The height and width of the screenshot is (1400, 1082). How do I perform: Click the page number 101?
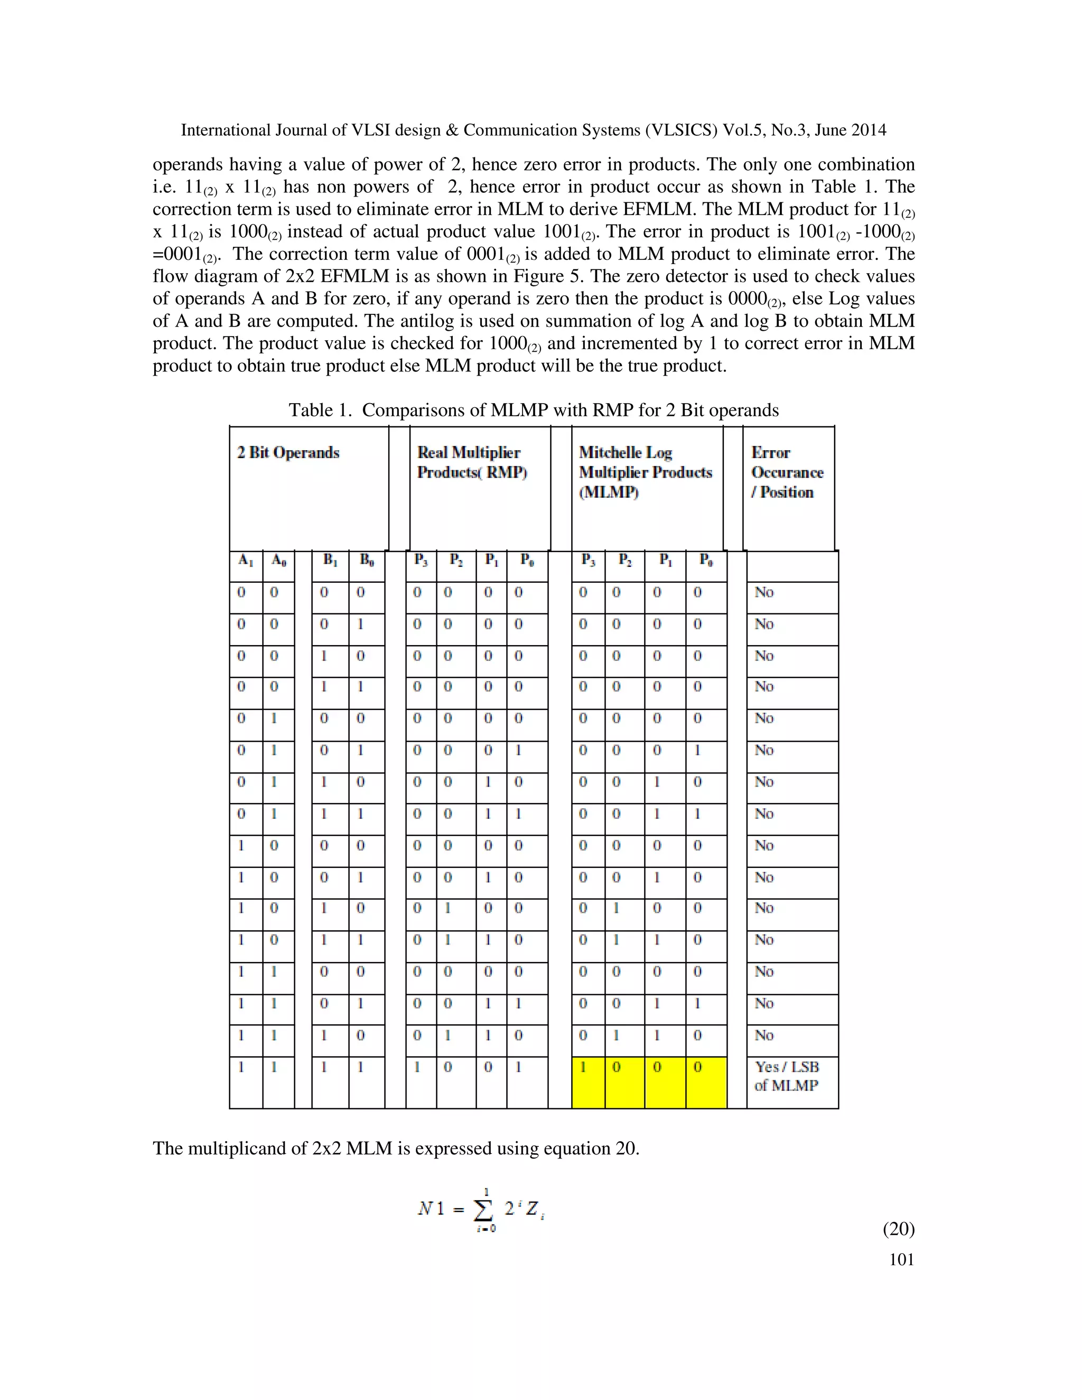(901, 1259)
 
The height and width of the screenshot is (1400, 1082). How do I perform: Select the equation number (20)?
(899, 1229)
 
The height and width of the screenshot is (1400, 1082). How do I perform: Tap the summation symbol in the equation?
(483, 1210)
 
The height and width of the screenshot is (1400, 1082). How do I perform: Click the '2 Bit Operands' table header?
(288, 453)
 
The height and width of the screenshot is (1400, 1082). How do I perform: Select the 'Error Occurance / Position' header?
(787, 472)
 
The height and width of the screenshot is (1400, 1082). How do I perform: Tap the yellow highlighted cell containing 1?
(584, 1067)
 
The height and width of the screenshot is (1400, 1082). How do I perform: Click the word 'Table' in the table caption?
(310, 410)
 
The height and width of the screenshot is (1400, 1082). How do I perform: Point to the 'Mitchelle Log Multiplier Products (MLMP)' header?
(645, 472)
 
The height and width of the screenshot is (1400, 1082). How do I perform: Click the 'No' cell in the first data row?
(764, 592)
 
